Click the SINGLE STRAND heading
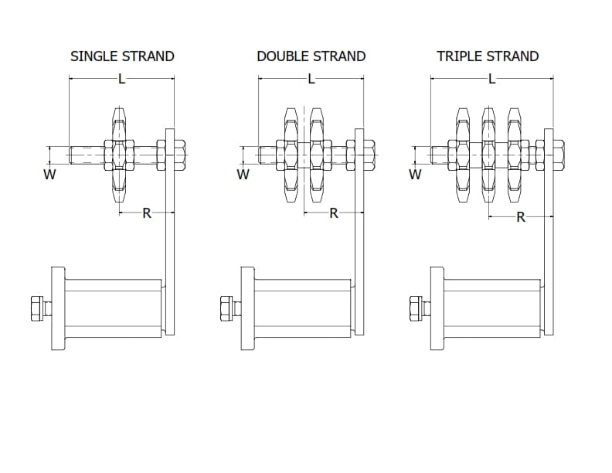(x=122, y=56)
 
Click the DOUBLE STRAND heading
(x=311, y=56)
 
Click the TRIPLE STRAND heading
(x=488, y=56)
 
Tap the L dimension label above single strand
(x=122, y=80)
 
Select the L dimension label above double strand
(x=311, y=80)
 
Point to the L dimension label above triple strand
(x=491, y=80)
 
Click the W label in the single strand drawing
(x=49, y=175)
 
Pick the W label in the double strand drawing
(x=243, y=175)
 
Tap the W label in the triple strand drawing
(x=415, y=175)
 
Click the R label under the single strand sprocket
(x=146, y=213)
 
